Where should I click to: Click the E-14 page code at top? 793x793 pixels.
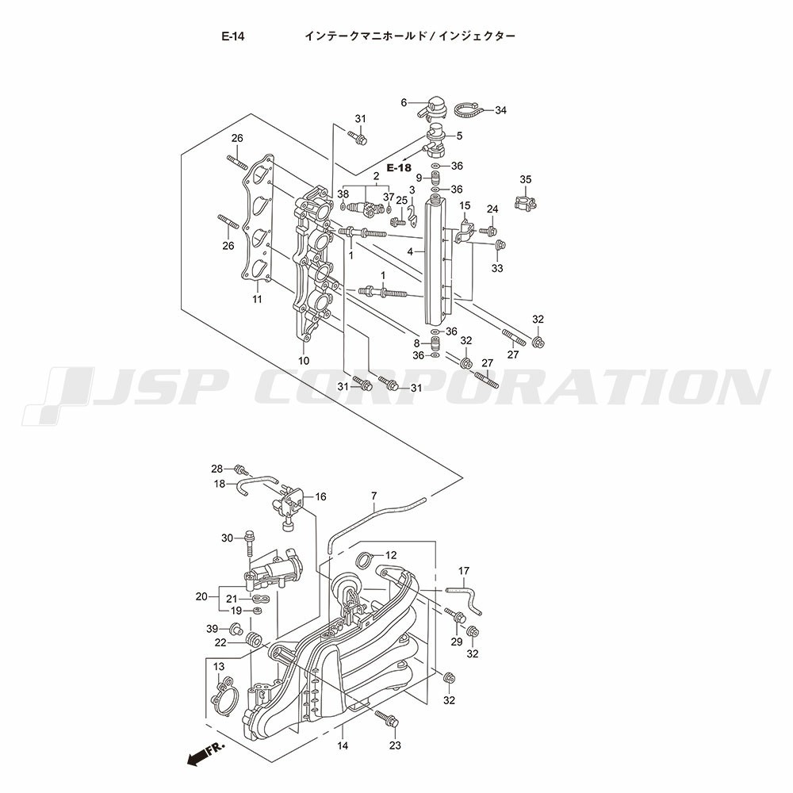(232, 36)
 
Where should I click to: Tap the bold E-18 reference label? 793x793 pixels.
(399, 168)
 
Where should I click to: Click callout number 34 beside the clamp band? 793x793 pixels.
(500, 110)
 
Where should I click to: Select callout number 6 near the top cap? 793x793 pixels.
(404, 102)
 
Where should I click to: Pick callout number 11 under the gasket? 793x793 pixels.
(257, 299)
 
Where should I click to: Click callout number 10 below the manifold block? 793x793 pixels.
(304, 361)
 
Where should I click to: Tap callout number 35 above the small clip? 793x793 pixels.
(526, 179)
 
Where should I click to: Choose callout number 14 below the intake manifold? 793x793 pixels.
(343, 745)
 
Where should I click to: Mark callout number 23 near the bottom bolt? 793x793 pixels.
(394, 745)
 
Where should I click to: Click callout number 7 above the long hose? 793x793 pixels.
(374, 496)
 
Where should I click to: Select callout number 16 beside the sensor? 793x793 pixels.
(320, 496)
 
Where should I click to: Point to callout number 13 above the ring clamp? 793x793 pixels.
(219, 667)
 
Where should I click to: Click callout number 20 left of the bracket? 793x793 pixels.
(201, 597)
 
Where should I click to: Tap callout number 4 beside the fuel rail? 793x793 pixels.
(410, 251)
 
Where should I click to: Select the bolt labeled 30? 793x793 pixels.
(249, 542)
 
